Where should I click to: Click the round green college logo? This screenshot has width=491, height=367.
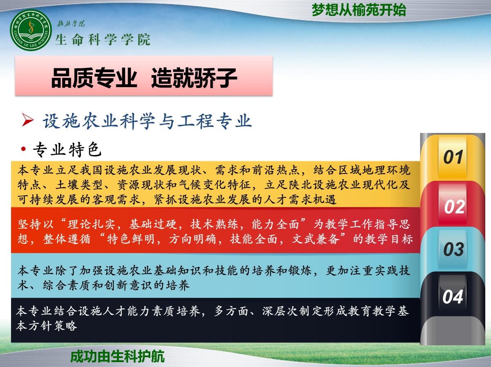[31, 30]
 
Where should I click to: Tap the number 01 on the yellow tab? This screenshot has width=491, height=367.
[453, 157]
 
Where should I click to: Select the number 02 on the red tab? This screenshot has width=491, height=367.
[454, 207]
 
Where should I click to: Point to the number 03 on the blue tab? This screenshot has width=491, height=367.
[454, 249]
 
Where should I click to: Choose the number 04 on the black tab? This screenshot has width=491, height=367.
[453, 297]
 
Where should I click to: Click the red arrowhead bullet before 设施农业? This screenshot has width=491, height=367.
[27, 120]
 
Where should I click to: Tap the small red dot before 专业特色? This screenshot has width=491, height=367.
[23, 149]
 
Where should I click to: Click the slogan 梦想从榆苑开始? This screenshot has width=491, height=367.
[359, 10]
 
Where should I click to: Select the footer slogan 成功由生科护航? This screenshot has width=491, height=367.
[117, 356]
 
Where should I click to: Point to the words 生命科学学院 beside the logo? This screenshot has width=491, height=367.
[103, 40]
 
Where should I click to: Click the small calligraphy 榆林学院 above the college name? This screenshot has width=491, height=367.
[71, 23]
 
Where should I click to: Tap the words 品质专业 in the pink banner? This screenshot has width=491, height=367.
[94, 78]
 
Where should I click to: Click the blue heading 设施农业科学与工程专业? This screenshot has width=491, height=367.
[147, 121]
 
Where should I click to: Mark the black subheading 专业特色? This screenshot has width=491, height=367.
[68, 149]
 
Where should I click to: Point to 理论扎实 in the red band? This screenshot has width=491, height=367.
[92, 224]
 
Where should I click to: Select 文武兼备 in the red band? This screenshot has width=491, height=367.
[316, 239]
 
